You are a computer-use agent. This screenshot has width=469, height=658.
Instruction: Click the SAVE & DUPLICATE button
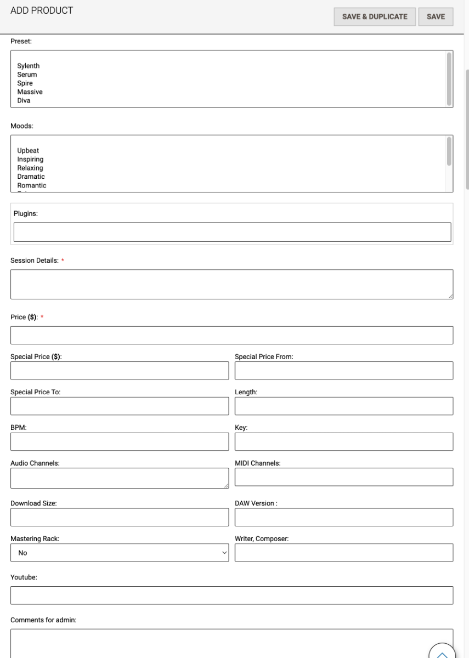tap(375, 16)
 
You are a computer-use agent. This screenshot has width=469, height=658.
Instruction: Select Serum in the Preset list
tap(27, 75)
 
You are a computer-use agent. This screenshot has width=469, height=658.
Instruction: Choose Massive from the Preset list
tap(30, 92)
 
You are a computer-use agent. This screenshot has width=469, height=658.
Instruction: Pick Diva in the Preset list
tap(24, 101)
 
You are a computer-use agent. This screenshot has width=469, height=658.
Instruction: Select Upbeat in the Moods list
tap(28, 150)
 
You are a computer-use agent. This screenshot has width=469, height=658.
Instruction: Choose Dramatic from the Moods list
tap(31, 177)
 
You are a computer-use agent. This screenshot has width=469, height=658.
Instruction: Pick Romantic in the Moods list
tap(32, 185)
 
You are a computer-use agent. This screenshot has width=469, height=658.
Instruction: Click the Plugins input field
tap(232, 232)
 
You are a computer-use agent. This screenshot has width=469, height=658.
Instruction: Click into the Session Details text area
tap(231, 284)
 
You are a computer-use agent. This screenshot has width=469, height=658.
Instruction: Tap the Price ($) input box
tap(231, 335)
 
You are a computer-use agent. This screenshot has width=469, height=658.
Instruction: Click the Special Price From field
tap(344, 371)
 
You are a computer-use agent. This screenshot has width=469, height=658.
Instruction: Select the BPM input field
tap(120, 441)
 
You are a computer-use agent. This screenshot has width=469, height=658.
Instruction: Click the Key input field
tap(344, 441)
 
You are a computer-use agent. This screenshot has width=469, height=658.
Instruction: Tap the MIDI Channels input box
tap(344, 477)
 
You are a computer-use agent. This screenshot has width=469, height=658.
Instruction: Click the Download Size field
tap(120, 517)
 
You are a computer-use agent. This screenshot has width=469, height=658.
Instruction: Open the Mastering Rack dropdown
tap(120, 553)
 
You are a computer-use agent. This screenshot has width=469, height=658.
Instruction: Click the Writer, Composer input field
tap(344, 553)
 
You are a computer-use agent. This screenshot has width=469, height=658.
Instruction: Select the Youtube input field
tap(231, 595)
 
